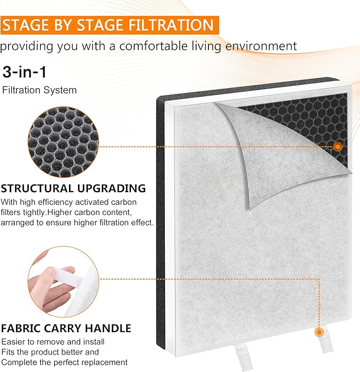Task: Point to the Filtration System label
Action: pos(39,90)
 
